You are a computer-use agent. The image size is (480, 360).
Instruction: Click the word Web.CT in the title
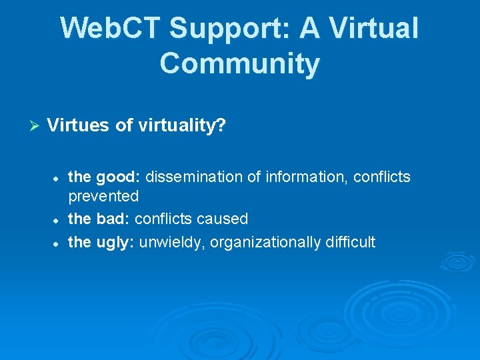tap(110, 29)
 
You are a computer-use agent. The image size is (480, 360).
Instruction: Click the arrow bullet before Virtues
tap(36, 125)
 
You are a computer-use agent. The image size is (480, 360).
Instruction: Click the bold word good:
tap(119, 177)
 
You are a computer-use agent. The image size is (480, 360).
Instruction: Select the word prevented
tap(103, 196)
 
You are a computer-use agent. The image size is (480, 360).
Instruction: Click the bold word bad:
tap(113, 219)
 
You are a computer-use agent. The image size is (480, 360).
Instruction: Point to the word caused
tap(224, 219)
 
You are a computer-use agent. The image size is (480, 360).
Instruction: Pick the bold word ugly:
tap(117, 242)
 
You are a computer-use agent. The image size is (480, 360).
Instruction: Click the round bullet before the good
tap(57, 178)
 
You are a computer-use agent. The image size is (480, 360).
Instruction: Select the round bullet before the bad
tap(57, 220)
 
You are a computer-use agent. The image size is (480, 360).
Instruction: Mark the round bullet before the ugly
tap(57, 243)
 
